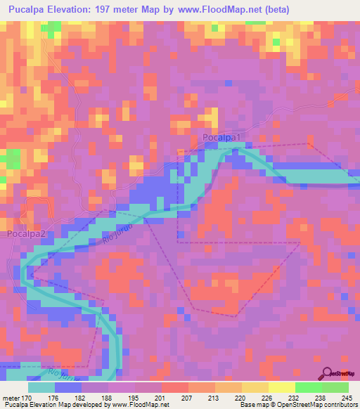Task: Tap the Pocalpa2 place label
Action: (27, 233)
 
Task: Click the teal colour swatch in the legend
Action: (41, 387)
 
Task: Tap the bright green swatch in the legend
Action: (308, 387)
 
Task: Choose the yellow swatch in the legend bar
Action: (281, 387)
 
